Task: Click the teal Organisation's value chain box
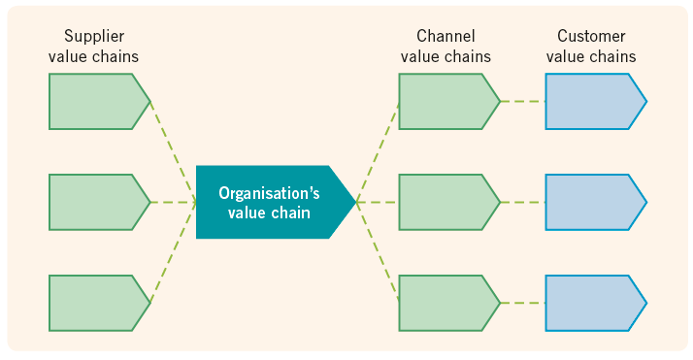click(x=272, y=202)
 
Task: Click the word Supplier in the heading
click(x=93, y=37)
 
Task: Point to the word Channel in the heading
click(x=445, y=37)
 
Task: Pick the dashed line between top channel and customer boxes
click(x=522, y=101)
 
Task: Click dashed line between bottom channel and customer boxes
click(x=522, y=303)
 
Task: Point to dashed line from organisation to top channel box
click(x=379, y=150)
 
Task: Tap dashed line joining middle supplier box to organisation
click(x=173, y=202)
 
